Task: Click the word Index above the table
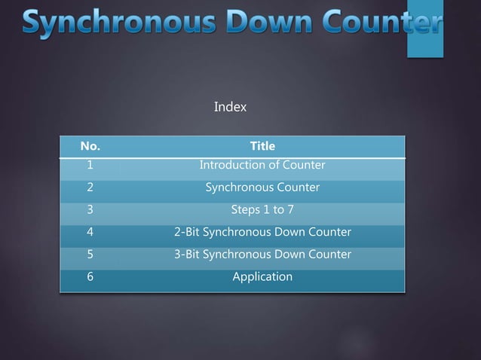(x=230, y=107)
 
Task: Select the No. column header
(x=90, y=146)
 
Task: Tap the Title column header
(x=262, y=146)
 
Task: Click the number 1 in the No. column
(x=90, y=165)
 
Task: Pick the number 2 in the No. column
(x=90, y=188)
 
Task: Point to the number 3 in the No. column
(x=90, y=210)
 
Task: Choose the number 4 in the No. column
(x=90, y=232)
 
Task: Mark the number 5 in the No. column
(x=90, y=255)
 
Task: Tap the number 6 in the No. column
(x=90, y=277)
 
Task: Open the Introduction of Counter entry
(x=262, y=165)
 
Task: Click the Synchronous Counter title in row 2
(x=262, y=188)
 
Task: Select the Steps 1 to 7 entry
(x=262, y=210)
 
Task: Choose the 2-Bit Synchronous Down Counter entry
(x=262, y=232)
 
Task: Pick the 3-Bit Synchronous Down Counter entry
(x=262, y=255)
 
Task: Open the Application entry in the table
(x=262, y=277)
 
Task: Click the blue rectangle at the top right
(x=424, y=30)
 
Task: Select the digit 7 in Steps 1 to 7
(x=290, y=210)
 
